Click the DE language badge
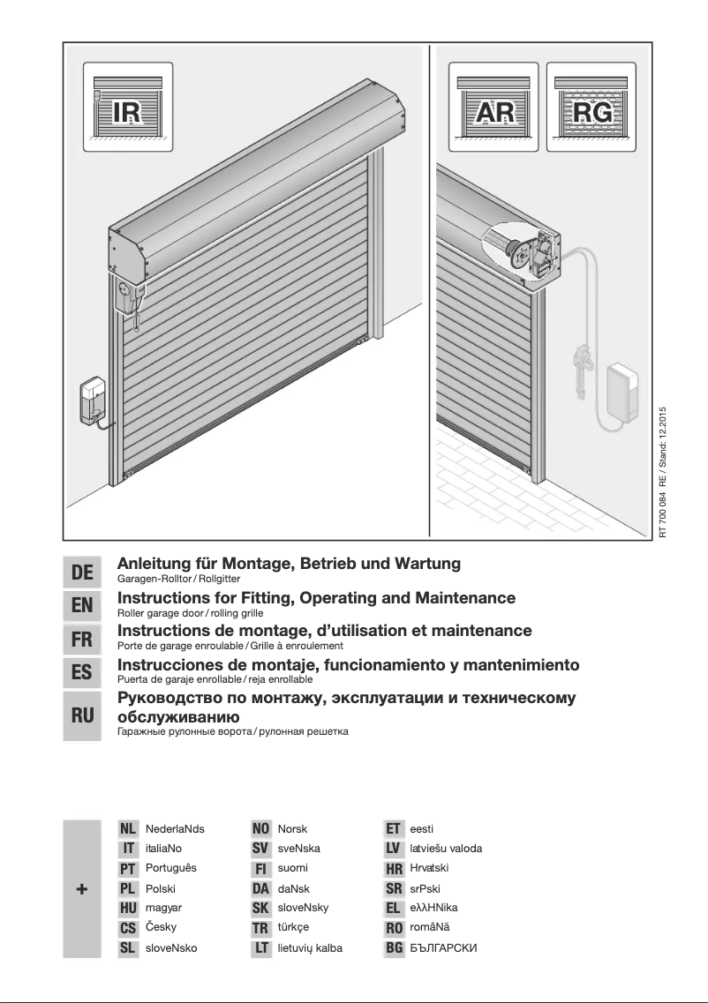click(82, 573)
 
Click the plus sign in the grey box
click(82, 889)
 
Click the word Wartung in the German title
click(428, 564)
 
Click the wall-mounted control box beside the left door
click(93, 401)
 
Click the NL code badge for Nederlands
click(128, 829)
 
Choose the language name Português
click(171, 868)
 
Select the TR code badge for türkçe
click(260, 927)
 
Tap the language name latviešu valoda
click(446, 849)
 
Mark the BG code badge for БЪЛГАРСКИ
click(394, 947)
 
